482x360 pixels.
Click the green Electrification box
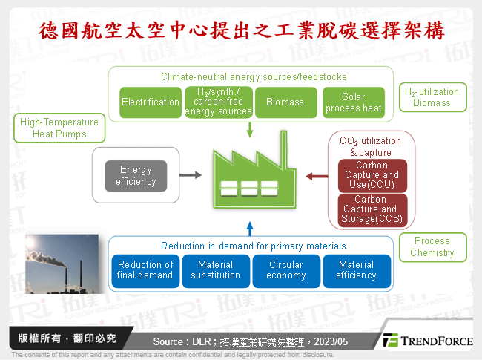pyautogui.click(x=151, y=102)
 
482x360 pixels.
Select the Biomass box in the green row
pyautogui.click(x=285, y=102)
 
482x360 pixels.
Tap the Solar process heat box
pyautogui.click(x=354, y=102)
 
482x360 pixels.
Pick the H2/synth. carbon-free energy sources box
pyautogui.click(x=218, y=102)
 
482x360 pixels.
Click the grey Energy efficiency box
pyautogui.click(x=135, y=176)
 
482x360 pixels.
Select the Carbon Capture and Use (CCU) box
pyautogui.click(x=371, y=175)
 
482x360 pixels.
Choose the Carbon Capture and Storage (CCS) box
pyautogui.click(x=371, y=209)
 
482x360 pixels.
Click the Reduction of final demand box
pyautogui.click(x=145, y=270)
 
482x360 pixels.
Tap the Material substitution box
pyautogui.click(x=215, y=270)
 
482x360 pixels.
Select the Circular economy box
pyautogui.click(x=285, y=270)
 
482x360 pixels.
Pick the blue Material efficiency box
pyautogui.click(x=356, y=270)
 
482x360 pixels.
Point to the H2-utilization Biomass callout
pyautogui.click(x=432, y=97)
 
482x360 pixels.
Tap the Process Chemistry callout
pyautogui.click(x=432, y=247)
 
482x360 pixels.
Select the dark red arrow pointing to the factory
pyautogui.click(x=317, y=176)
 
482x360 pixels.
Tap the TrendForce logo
pyautogui.click(x=428, y=340)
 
